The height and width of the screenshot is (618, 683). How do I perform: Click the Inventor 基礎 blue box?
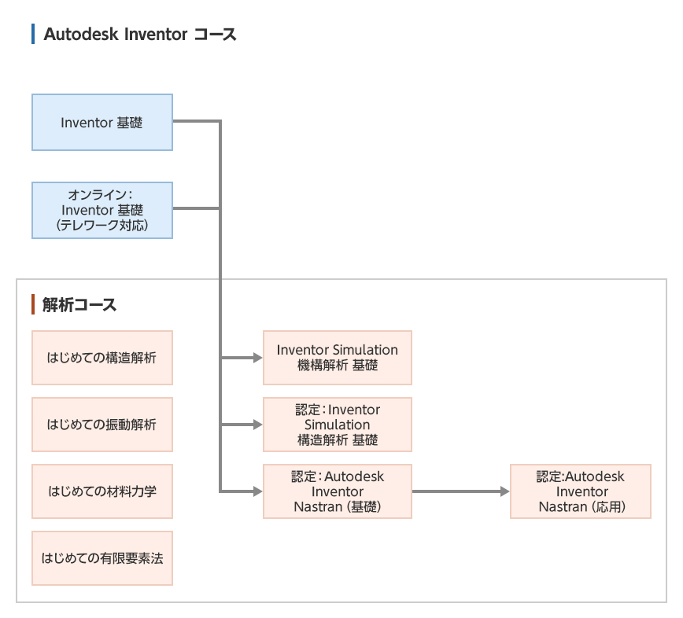pyautogui.click(x=102, y=122)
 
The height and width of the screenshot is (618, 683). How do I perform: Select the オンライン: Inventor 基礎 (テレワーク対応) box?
pyautogui.click(x=102, y=210)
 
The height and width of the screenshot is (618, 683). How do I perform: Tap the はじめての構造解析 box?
pyautogui.click(x=102, y=358)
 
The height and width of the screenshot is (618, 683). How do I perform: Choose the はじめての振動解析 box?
pyautogui.click(x=102, y=425)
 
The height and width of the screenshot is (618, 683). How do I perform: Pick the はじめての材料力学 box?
pyautogui.click(x=102, y=491)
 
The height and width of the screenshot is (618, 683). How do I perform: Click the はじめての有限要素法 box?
pyautogui.click(x=102, y=558)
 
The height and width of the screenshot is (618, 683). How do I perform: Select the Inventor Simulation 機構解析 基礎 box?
pyautogui.click(x=337, y=358)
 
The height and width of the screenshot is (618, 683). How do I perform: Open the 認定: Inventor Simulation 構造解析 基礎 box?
pyautogui.click(x=337, y=425)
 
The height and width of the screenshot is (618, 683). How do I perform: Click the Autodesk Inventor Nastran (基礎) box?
pyautogui.click(x=337, y=491)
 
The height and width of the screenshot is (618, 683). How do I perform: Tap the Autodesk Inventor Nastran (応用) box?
pyautogui.click(x=581, y=491)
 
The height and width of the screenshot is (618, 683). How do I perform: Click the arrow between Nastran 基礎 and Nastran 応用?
pyautogui.click(x=460, y=491)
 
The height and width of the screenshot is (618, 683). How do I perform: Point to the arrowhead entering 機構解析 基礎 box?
pyautogui.click(x=257, y=358)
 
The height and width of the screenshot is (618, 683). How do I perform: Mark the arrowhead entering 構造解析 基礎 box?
pyautogui.click(x=257, y=425)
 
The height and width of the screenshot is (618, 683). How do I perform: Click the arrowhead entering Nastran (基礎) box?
pyautogui.click(x=257, y=491)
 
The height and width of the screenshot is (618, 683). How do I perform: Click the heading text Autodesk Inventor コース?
pyautogui.click(x=140, y=35)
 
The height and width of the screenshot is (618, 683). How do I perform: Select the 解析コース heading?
pyautogui.click(x=79, y=305)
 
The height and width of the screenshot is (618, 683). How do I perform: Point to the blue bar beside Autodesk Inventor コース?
pyautogui.click(x=33, y=35)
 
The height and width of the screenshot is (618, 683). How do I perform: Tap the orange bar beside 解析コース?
pyautogui.click(x=33, y=305)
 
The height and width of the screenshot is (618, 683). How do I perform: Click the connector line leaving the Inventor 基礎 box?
pyautogui.click(x=197, y=122)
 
